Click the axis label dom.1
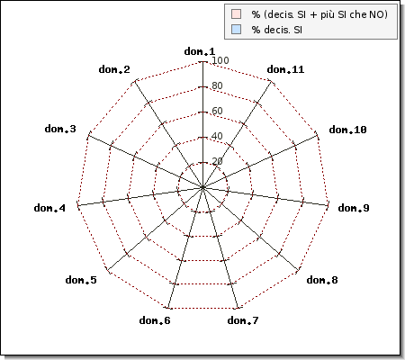coord(200,51)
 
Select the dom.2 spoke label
coord(114,69)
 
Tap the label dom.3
coord(60,129)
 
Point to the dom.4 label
coord(49,208)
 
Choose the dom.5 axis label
coord(81,280)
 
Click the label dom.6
coord(155,320)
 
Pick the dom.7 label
coord(243,320)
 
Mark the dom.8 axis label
coord(322,280)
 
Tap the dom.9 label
coord(354,208)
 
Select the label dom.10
coord(347,130)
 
